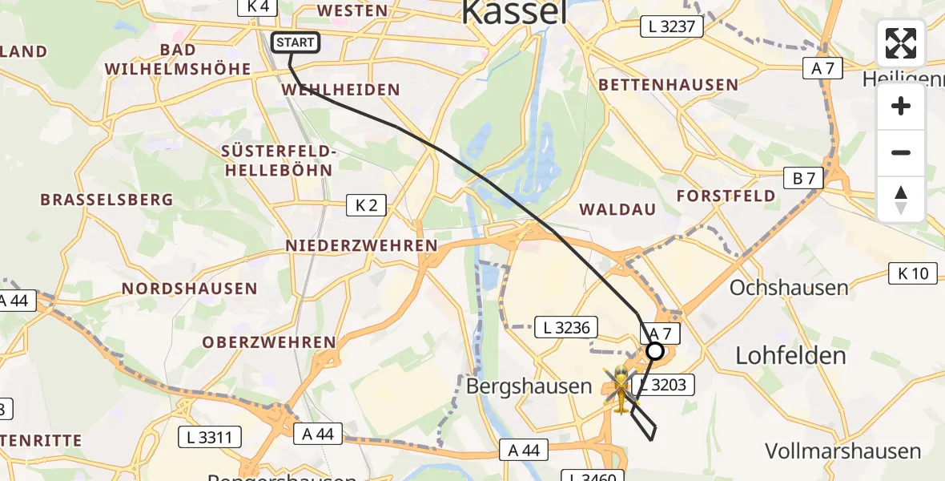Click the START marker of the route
[x=296, y=42]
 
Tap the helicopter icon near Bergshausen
[x=621, y=389]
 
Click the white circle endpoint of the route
[x=655, y=351]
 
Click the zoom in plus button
[x=901, y=107]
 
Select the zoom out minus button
[x=901, y=153]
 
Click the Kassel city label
[x=515, y=12]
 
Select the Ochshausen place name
[x=789, y=288]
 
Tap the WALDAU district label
[x=617, y=209]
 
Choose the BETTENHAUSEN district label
[x=668, y=84]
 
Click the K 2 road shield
[x=366, y=205]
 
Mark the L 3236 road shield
[x=566, y=327]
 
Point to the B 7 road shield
[x=803, y=178]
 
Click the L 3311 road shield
[x=209, y=437]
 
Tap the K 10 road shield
[x=912, y=273]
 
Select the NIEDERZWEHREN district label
[x=362, y=246]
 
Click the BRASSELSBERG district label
[x=107, y=199]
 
